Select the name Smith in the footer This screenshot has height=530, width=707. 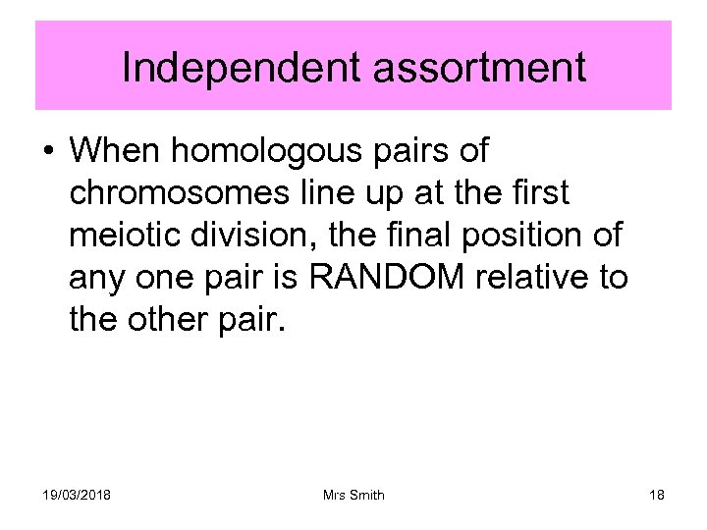[x=366, y=495]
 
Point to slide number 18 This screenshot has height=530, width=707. [x=656, y=495]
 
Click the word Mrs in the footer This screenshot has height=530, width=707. [x=333, y=495]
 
